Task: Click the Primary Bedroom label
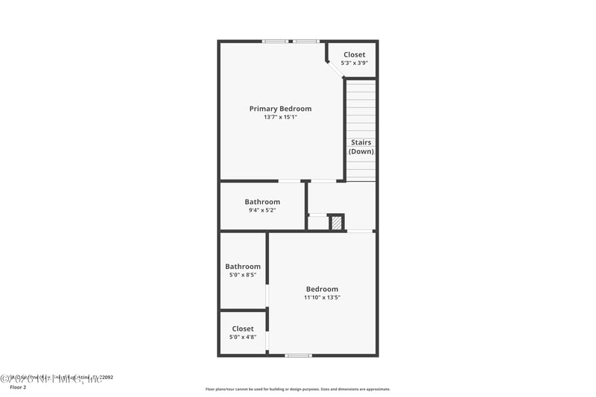click(280, 109)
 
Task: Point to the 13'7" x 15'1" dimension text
click(280, 117)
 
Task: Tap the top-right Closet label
click(355, 54)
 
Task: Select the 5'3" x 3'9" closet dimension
click(355, 63)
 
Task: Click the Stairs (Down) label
click(361, 147)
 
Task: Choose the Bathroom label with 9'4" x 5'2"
click(262, 202)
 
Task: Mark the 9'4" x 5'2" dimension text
click(262, 210)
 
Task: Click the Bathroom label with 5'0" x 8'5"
click(243, 267)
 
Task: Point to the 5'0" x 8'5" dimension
click(243, 275)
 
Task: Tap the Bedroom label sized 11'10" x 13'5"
click(322, 289)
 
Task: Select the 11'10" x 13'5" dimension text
click(322, 297)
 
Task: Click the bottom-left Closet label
click(243, 328)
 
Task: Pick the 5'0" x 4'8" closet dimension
click(243, 337)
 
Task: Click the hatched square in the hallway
click(337, 222)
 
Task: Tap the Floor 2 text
click(18, 387)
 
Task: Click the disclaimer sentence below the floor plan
click(297, 389)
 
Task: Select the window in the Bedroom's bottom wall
click(298, 355)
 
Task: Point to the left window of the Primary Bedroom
click(275, 41)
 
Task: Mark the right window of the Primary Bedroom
click(305, 41)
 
